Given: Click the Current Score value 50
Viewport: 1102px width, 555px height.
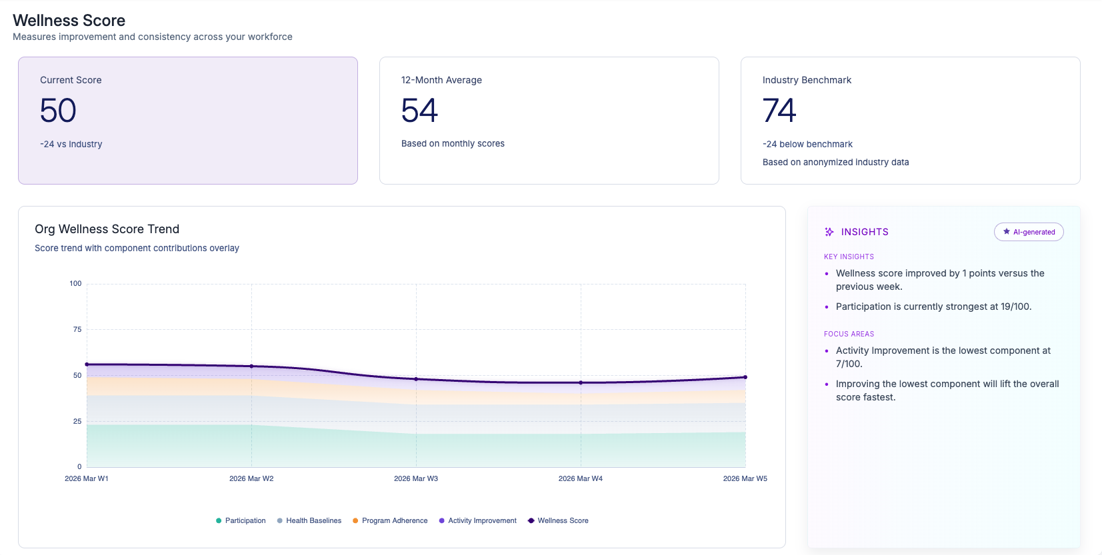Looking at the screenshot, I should (x=58, y=111).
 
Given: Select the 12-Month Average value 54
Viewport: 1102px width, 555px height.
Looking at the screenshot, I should (x=419, y=111).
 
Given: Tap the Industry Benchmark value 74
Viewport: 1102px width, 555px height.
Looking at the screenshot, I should (x=779, y=111).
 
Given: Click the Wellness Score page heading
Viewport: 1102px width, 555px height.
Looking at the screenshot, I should (x=69, y=21).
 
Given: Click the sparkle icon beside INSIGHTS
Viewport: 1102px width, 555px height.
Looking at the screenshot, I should (x=829, y=232).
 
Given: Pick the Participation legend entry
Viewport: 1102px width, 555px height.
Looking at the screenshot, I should (x=241, y=520).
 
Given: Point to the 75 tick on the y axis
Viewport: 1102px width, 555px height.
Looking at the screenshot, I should (x=77, y=329).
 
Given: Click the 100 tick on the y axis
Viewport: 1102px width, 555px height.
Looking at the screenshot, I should (x=75, y=283).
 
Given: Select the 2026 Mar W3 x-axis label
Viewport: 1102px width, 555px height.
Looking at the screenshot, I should (x=416, y=478).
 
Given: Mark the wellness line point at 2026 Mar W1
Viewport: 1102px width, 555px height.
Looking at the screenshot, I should (x=87, y=364).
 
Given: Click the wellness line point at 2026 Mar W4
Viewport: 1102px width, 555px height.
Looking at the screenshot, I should (x=581, y=382).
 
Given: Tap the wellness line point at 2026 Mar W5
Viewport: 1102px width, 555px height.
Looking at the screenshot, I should (x=745, y=377).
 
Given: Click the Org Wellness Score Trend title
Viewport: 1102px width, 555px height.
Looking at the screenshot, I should (x=107, y=229).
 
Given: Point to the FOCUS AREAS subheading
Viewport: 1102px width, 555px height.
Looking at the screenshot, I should (x=849, y=334).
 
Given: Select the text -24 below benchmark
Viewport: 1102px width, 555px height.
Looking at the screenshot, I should (x=807, y=144).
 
